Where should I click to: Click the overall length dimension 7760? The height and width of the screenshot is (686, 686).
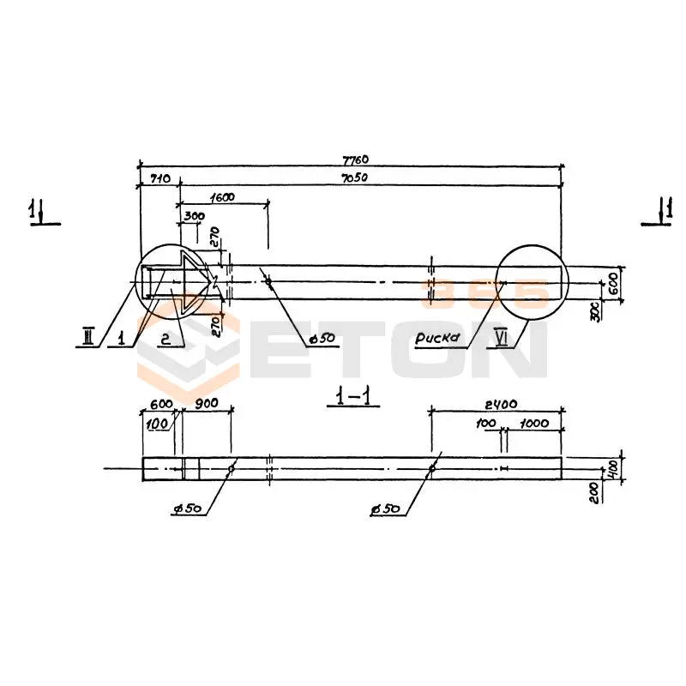click(x=355, y=159)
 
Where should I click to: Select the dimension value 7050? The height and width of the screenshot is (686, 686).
click(x=354, y=178)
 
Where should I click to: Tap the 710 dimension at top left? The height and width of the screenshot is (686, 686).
click(x=160, y=178)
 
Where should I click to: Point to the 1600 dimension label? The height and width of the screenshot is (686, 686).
click(x=222, y=197)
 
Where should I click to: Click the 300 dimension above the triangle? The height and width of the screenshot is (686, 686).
click(x=195, y=216)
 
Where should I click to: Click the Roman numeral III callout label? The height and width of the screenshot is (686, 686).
click(x=88, y=337)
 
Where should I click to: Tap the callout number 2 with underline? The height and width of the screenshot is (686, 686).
click(x=165, y=338)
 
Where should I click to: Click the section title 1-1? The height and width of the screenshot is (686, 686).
click(x=353, y=397)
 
